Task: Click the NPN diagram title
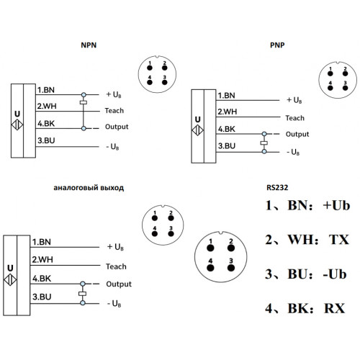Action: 89,45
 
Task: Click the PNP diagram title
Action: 277,45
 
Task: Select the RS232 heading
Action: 277,187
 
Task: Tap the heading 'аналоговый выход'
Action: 89,188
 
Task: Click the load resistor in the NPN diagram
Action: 84,102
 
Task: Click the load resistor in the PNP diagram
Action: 264,143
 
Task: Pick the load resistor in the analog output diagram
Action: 83,294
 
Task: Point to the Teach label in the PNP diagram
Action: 294,118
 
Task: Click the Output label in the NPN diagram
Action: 117,127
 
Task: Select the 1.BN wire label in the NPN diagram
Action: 46,90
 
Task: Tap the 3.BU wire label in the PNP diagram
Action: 227,146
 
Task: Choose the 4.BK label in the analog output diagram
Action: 42,279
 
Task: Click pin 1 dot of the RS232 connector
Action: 210,248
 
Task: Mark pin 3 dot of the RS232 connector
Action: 231,268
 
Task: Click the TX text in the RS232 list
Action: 338,240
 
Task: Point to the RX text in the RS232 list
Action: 335,308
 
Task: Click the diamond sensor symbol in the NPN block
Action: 17,125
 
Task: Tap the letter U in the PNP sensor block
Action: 197,120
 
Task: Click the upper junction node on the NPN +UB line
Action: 84,95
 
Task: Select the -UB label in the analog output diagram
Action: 114,304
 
